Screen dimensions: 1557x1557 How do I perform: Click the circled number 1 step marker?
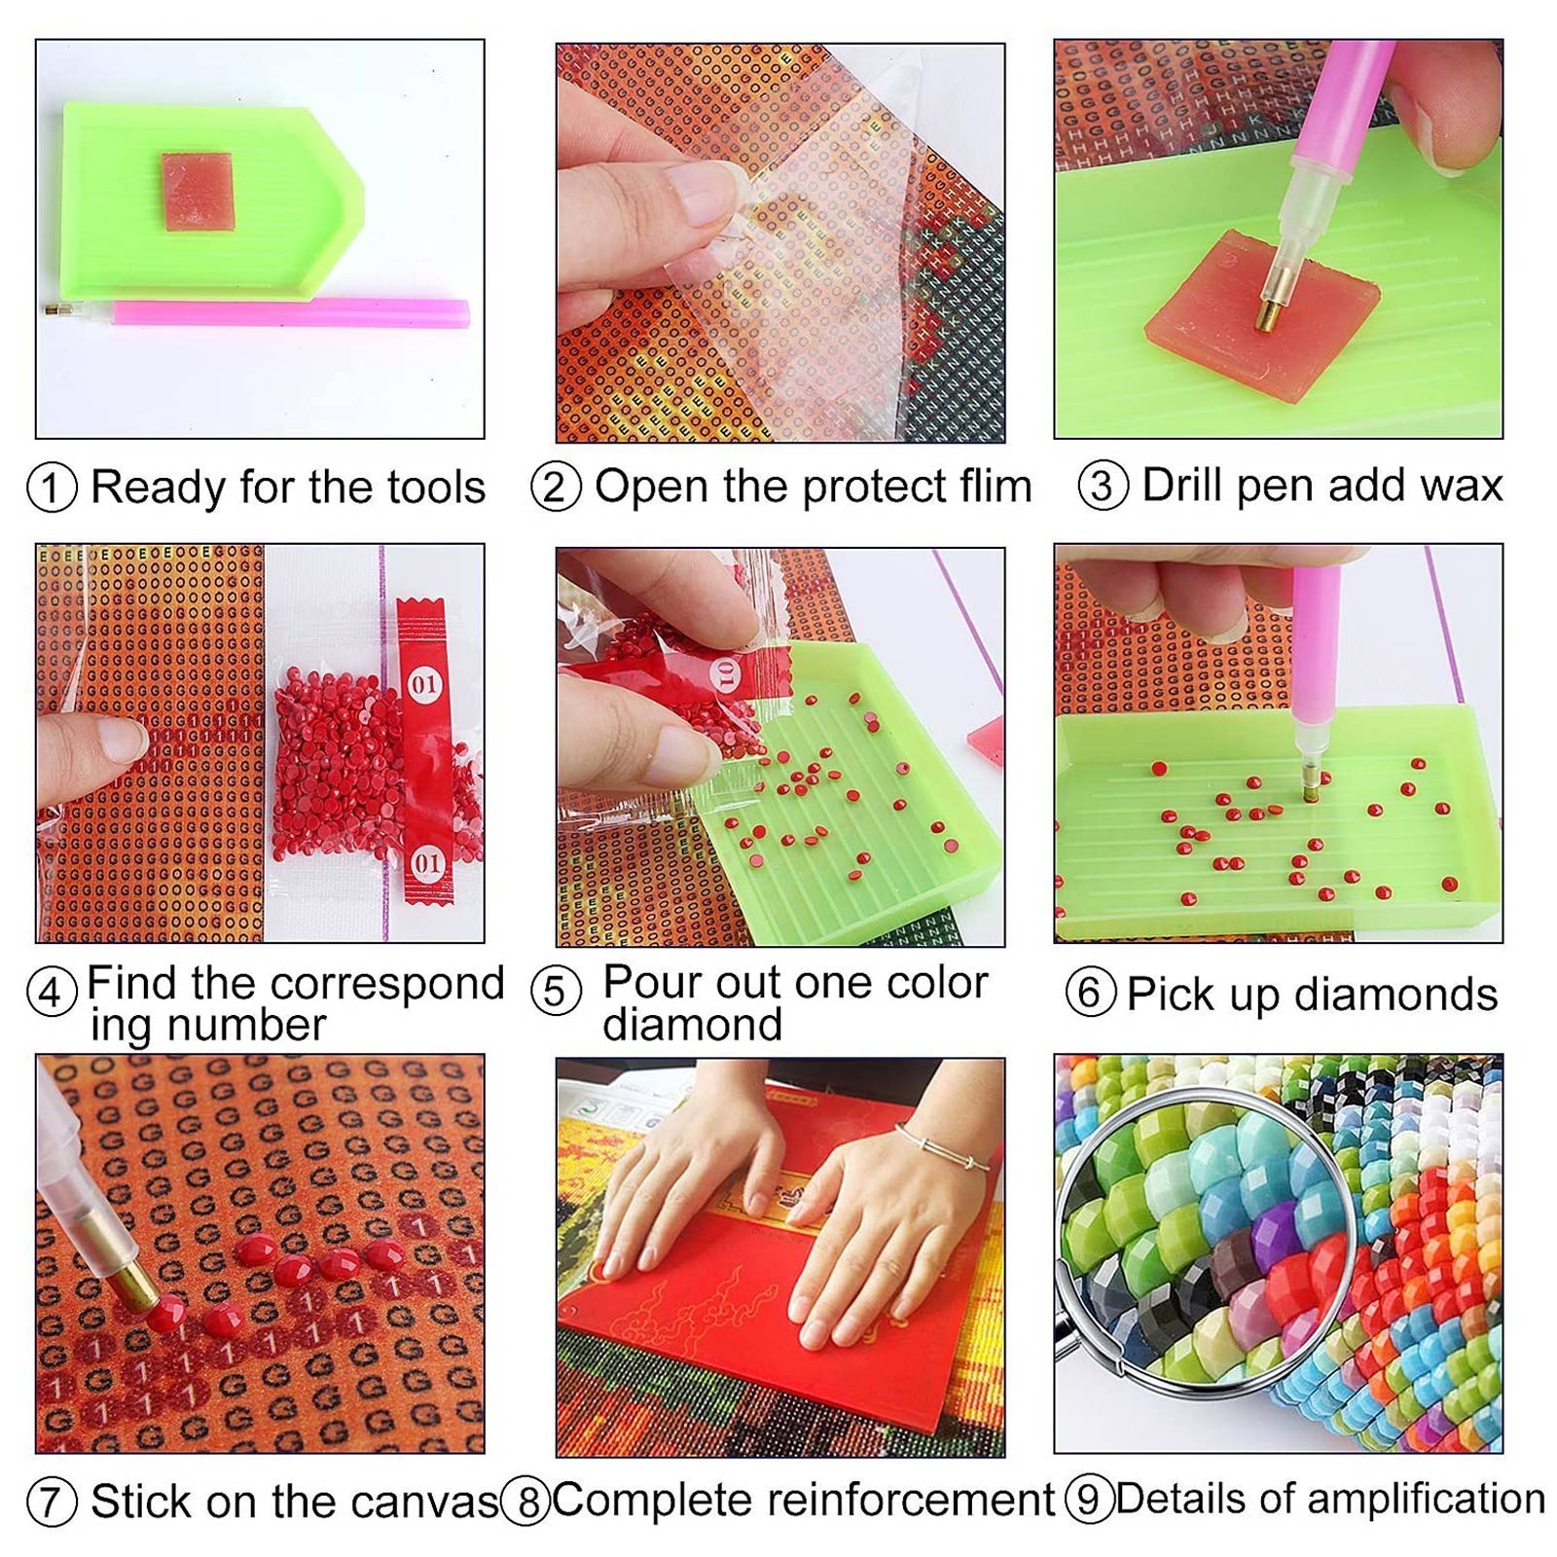(x=52, y=487)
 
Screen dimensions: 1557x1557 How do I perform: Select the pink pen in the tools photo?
(x=292, y=313)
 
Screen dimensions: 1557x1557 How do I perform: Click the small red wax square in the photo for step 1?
(x=198, y=192)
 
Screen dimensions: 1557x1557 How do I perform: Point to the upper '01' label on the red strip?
(x=424, y=684)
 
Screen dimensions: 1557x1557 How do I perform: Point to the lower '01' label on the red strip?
(x=426, y=862)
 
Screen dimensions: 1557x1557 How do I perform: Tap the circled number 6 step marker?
(x=1090, y=993)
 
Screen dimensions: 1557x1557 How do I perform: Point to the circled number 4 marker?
(x=52, y=993)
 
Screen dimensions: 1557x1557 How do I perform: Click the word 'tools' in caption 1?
(x=435, y=487)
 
